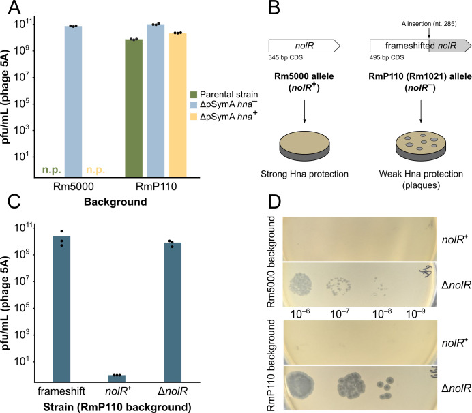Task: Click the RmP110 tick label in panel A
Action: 156,187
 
